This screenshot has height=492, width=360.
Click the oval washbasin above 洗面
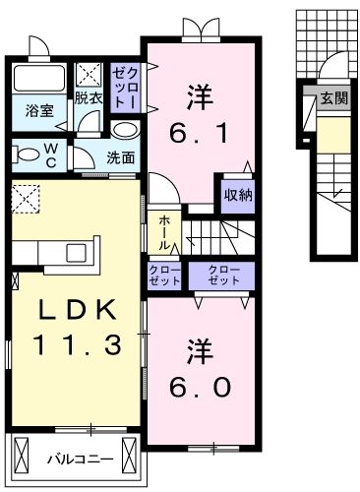(124, 132)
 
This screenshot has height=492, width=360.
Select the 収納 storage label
(237, 194)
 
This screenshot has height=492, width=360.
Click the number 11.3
(78, 345)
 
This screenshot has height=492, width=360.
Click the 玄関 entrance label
(332, 98)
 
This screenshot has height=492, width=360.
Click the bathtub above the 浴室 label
(38, 81)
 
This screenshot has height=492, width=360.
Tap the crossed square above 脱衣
(89, 74)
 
